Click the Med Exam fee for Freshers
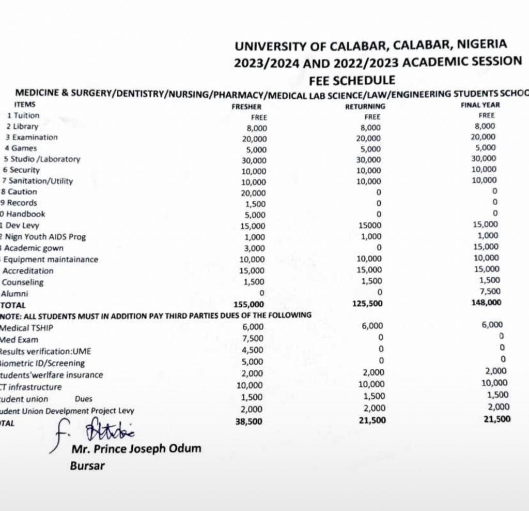[x=253, y=339]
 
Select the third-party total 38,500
[x=249, y=422]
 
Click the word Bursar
[x=87, y=465]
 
